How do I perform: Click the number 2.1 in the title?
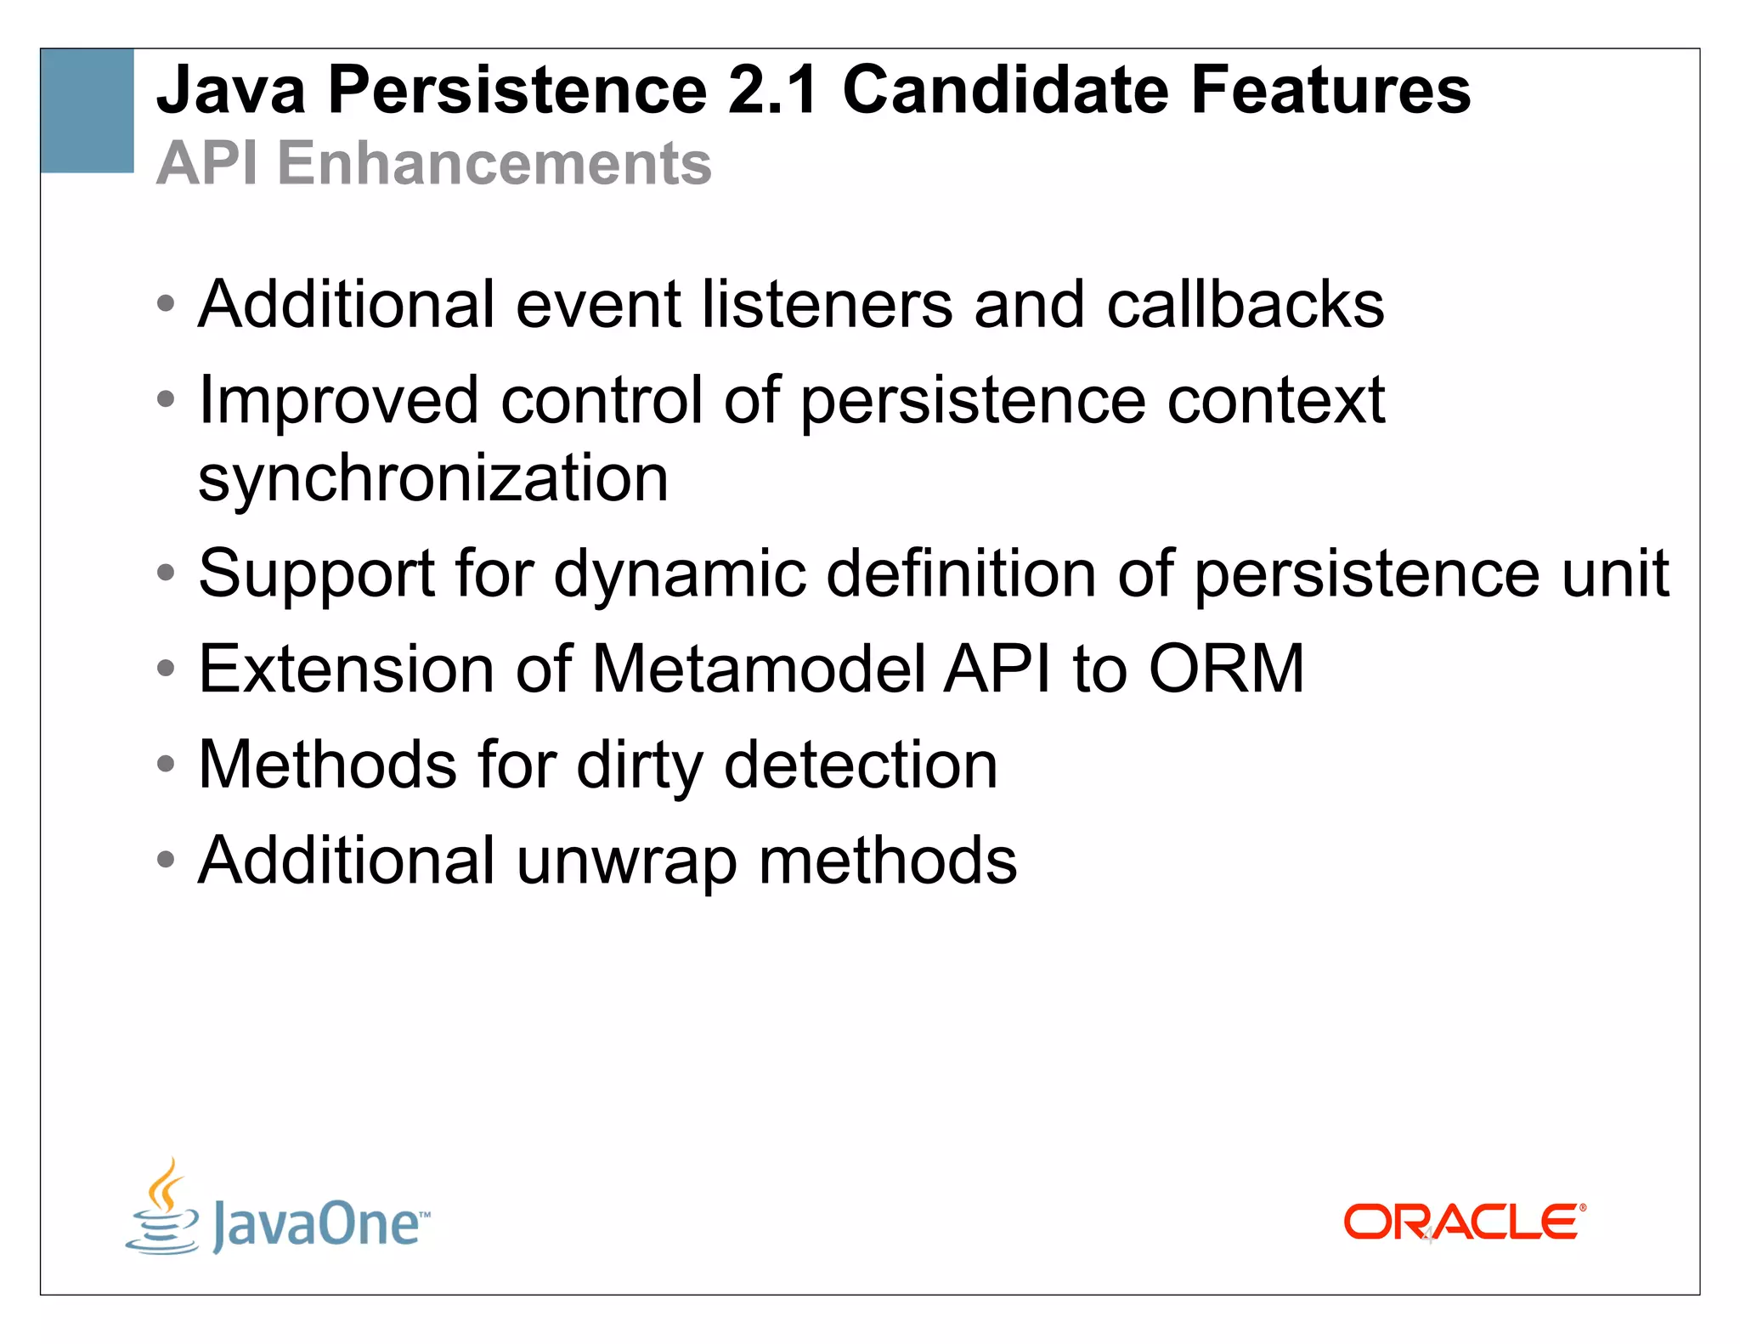772,90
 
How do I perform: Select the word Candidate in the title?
1005,90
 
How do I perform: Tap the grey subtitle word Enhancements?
494,163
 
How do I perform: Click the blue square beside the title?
87,110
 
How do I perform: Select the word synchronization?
433,478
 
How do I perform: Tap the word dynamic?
680,574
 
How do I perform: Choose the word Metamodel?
758,669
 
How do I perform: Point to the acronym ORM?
1226,669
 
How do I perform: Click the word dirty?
640,765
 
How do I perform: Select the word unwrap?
626,861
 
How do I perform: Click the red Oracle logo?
1464,1223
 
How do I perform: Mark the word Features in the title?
1330,90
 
